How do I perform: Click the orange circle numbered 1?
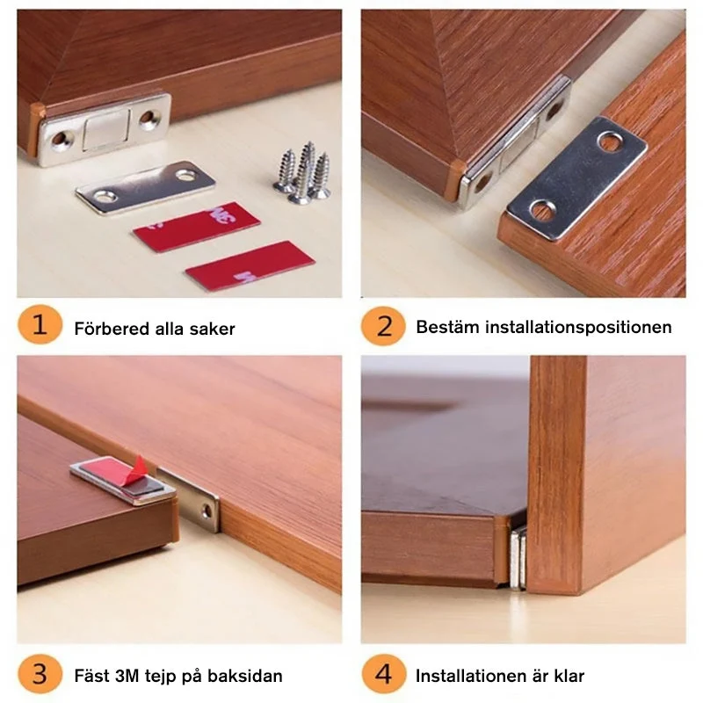(x=40, y=324)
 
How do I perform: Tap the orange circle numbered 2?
(x=383, y=326)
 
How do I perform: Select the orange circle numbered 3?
(x=40, y=674)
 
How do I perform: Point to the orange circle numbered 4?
(x=383, y=674)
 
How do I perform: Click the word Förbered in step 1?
(x=112, y=329)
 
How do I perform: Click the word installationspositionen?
(x=579, y=327)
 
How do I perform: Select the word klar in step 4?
(x=568, y=675)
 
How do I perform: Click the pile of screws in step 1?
(x=302, y=172)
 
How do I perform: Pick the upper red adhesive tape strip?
(x=196, y=226)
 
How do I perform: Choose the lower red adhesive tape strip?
(x=250, y=265)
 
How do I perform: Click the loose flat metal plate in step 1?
(x=145, y=187)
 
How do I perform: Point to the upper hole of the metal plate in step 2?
(x=609, y=141)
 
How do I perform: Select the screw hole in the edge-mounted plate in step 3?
(x=207, y=511)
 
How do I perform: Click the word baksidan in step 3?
(x=245, y=676)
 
